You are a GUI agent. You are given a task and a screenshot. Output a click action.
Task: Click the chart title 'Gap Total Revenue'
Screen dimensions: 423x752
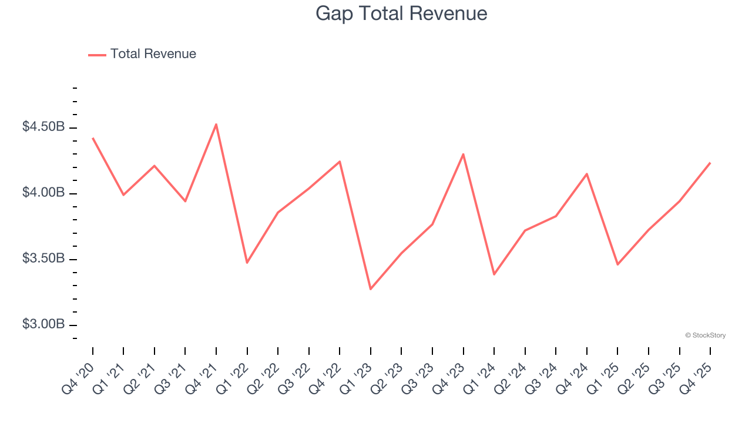[401, 13]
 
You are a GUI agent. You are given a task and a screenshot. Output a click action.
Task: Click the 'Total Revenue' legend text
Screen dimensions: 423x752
[153, 54]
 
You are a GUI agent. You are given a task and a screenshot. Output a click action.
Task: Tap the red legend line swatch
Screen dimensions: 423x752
[97, 55]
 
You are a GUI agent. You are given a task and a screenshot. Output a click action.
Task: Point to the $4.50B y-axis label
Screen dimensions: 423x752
[43, 127]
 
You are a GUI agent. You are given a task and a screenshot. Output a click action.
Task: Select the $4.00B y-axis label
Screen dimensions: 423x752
[43, 193]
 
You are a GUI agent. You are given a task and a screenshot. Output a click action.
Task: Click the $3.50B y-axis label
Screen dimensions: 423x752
[43, 258]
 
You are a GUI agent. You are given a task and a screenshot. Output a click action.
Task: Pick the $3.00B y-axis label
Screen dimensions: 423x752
[43, 324]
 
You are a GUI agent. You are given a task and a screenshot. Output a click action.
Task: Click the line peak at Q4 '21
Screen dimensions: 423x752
[216, 124]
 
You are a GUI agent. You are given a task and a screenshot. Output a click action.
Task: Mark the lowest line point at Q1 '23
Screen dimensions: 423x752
[371, 289]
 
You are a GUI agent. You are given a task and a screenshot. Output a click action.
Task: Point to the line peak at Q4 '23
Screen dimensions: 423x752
[463, 154]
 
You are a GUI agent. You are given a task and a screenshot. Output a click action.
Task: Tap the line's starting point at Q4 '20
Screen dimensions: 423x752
[93, 138]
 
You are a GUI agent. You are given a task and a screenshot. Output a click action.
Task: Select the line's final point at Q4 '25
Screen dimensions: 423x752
[710, 163]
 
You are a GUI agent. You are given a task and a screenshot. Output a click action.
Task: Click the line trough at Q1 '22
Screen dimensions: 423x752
[247, 263]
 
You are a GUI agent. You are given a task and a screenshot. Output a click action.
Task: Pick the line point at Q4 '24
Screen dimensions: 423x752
[586, 174]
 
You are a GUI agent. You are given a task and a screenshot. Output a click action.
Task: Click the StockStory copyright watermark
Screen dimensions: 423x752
[705, 335]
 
